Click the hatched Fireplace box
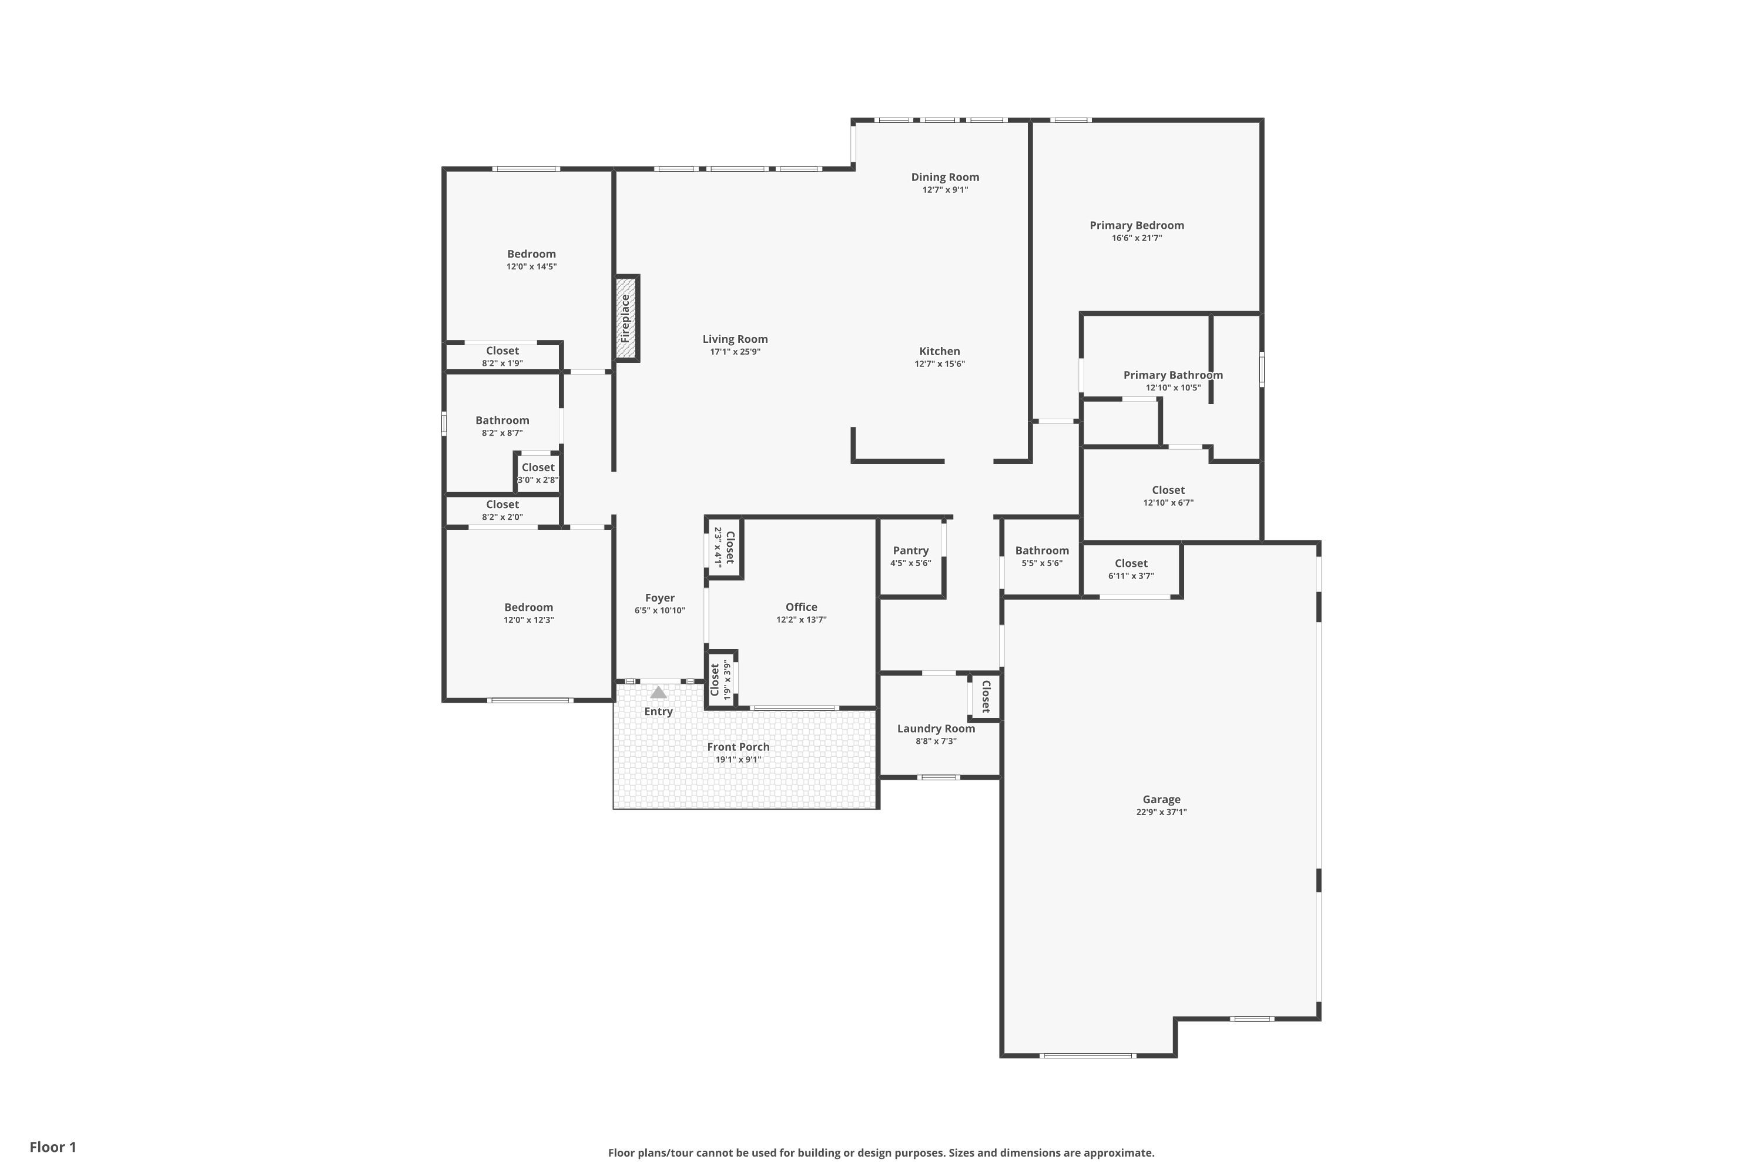(x=626, y=319)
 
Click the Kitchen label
(x=939, y=351)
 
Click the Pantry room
(x=911, y=556)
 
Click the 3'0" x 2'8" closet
(x=538, y=473)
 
